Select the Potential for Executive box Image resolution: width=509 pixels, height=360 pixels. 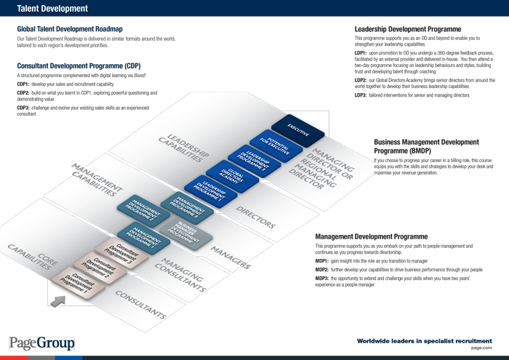click(x=278, y=143)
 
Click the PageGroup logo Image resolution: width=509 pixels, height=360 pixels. click(x=41, y=343)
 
